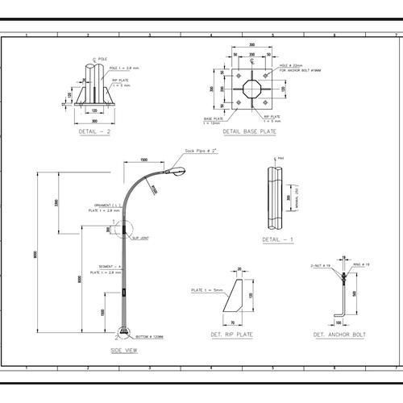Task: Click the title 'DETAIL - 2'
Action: point(95,130)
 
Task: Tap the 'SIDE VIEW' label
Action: point(123,351)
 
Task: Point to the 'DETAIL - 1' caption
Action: point(278,239)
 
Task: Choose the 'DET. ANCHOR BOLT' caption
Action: point(339,334)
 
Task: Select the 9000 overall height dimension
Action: point(36,255)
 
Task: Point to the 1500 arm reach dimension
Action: point(143,160)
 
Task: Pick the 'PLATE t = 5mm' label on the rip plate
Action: point(207,289)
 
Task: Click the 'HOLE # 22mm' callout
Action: point(291,65)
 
